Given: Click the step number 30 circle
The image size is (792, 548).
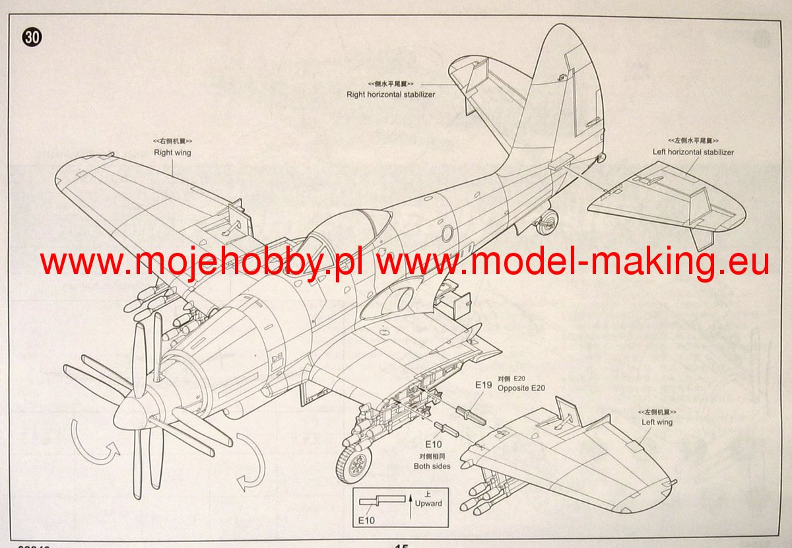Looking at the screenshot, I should (x=31, y=38).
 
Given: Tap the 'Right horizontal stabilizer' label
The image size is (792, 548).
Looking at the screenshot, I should (x=391, y=94).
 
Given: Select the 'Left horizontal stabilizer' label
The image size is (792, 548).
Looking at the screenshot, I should (x=692, y=152).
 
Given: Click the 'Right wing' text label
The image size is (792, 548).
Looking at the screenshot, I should (x=172, y=153).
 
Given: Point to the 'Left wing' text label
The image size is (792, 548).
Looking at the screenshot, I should (x=657, y=422).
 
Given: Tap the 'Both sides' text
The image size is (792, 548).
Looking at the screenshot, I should (x=432, y=466).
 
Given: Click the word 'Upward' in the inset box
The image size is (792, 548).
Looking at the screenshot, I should (x=428, y=504).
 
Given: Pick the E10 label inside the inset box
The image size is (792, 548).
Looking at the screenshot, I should (x=366, y=521).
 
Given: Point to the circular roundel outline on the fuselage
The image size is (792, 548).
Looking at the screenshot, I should (x=447, y=232).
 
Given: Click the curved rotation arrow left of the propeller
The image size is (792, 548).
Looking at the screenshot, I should (x=92, y=441).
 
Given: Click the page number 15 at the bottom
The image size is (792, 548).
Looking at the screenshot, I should (x=401, y=545).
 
